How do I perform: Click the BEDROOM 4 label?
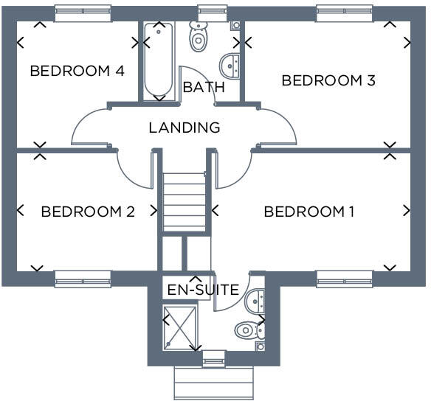(x=77, y=72)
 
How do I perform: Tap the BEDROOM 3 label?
(x=328, y=80)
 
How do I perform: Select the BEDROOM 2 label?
(x=88, y=212)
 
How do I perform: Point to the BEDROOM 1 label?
(x=309, y=212)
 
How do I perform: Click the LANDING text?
(x=185, y=128)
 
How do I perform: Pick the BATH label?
(x=204, y=87)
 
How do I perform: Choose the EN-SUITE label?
(x=204, y=290)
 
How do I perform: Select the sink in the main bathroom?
(x=232, y=64)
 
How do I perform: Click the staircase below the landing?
(x=183, y=201)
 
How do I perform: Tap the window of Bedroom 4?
(x=83, y=10)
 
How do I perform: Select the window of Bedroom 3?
(x=345, y=10)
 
